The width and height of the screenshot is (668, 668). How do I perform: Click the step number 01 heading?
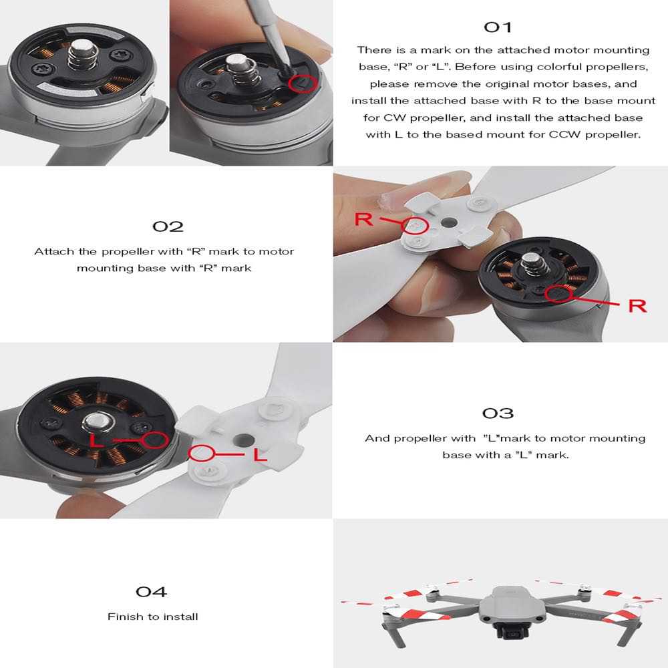click(x=498, y=27)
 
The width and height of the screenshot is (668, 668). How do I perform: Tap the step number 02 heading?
click(x=168, y=226)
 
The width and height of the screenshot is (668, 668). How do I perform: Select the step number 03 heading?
click(x=498, y=413)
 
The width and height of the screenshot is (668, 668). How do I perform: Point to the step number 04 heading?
click(x=151, y=591)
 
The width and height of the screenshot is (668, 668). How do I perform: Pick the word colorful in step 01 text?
click(x=595, y=67)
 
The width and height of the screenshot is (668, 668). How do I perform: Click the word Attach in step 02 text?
click(x=51, y=252)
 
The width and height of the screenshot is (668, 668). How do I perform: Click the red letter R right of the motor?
click(x=637, y=306)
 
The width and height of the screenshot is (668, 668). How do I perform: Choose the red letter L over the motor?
click(x=98, y=442)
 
